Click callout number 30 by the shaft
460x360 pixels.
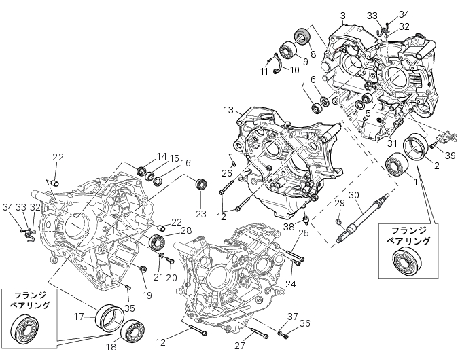[x=354, y=196]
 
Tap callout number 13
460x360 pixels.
[x=228, y=110]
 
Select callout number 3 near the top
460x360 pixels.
[x=343, y=16]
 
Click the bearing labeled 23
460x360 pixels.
[x=201, y=185]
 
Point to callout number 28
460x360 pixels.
[x=186, y=231]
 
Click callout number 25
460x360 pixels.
[x=304, y=234]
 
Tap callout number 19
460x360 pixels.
[x=147, y=295]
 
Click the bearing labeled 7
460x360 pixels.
[x=316, y=108]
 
